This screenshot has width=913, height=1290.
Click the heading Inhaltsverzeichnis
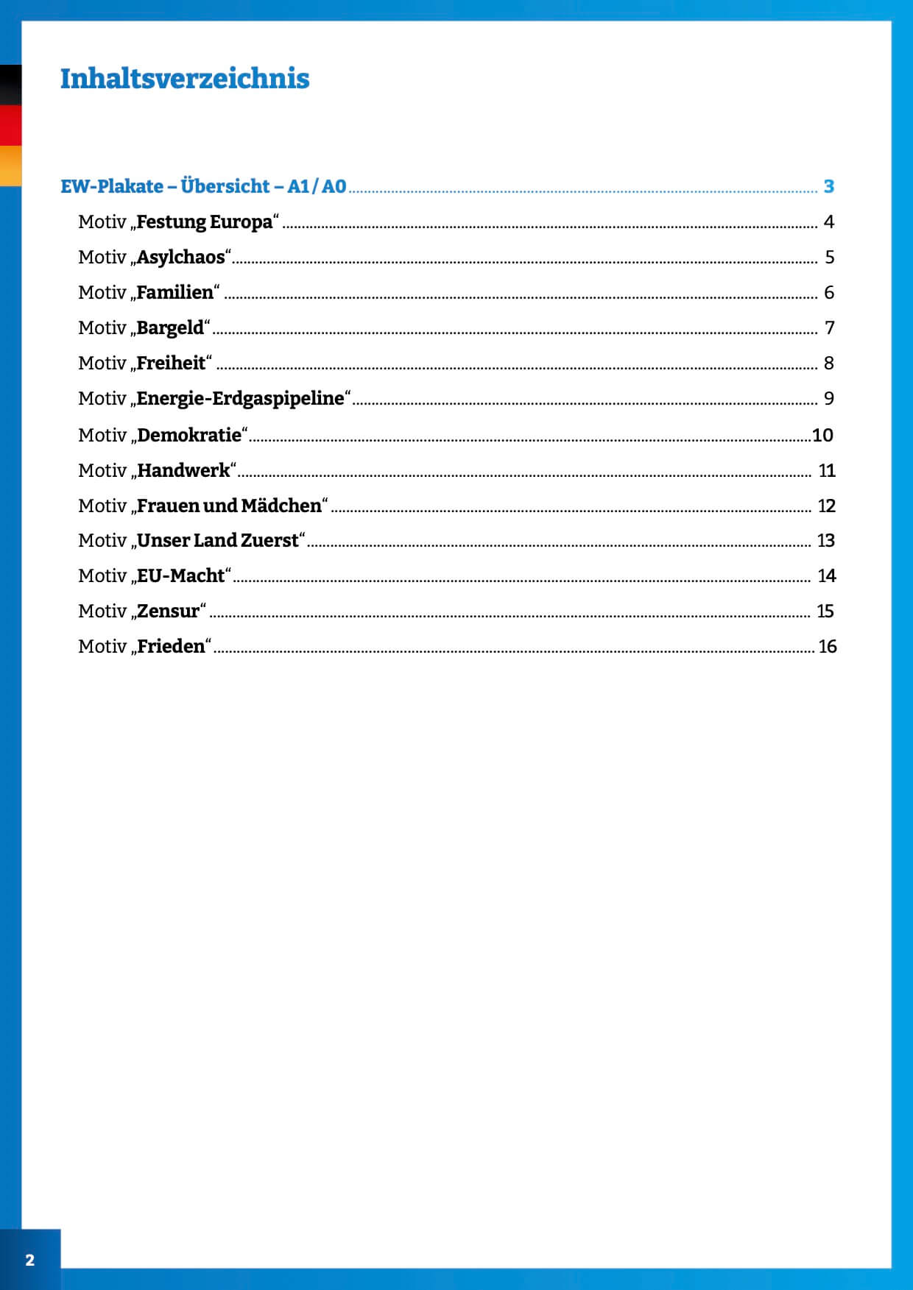point(185,79)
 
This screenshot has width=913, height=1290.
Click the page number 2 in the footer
point(29,1260)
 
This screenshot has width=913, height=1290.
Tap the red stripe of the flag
point(10,125)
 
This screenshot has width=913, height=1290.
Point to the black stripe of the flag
point(10,85)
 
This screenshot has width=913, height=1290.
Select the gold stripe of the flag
point(10,166)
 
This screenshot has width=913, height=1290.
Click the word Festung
point(171,222)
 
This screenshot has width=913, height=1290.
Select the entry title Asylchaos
point(180,258)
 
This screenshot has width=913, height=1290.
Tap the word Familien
point(175,293)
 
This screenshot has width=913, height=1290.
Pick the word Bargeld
point(170,328)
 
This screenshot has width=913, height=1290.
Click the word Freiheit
point(171,364)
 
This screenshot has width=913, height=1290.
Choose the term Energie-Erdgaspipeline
point(240,399)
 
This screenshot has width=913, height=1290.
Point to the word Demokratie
point(189,436)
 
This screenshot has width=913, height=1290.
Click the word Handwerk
point(183,471)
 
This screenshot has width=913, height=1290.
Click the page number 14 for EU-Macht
point(826,576)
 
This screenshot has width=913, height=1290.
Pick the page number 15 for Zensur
point(825,612)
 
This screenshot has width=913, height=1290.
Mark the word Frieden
point(171,647)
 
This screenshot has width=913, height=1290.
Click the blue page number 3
point(828,187)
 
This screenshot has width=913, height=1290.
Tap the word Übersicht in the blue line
point(225,187)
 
